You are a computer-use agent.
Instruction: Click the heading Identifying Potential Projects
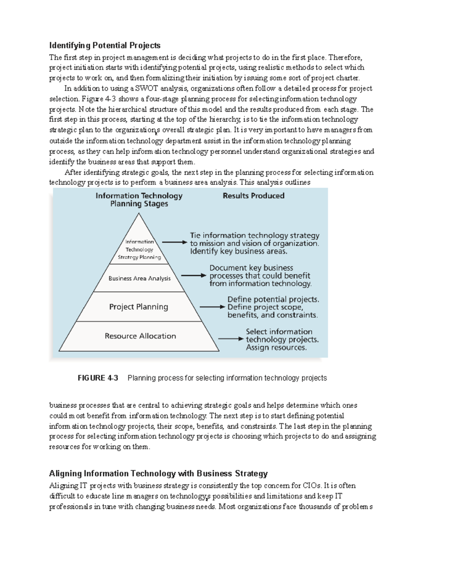tap(105, 46)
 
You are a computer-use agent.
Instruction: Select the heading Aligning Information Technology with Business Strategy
tap(158, 474)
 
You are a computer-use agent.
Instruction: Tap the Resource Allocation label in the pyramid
tap(140, 336)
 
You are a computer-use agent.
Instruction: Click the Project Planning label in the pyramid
tap(138, 307)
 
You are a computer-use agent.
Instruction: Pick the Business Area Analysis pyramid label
tap(140, 278)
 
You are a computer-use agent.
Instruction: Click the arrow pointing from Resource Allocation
tap(230, 338)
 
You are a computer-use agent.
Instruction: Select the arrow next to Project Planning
tap(212, 307)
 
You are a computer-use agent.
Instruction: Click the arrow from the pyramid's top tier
tap(174, 242)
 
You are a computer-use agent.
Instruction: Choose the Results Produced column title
tap(253, 196)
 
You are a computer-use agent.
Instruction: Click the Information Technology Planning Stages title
tap(139, 200)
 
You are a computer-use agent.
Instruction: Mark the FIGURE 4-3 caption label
tap(98, 378)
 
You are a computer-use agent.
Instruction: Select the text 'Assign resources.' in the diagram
tap(276, 348)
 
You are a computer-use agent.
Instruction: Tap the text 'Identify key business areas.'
tap(238, 251)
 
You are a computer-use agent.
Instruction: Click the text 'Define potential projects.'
tap(273, 299)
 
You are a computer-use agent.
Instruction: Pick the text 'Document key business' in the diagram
tap(251, 268)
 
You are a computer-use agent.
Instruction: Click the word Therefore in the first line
tap(345, 58)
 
